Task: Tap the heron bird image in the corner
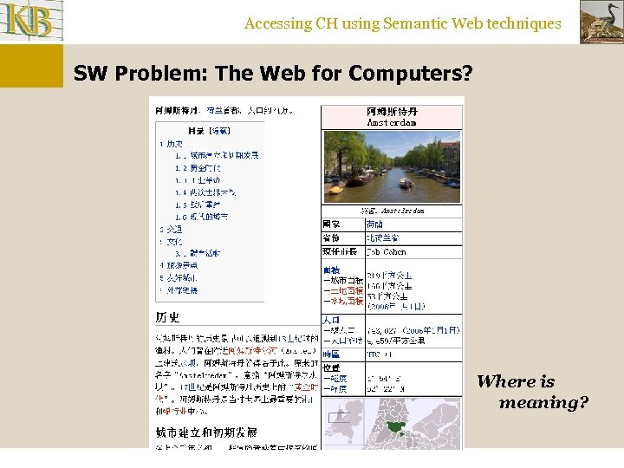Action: [x=601, y=22]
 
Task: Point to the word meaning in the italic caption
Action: [x=543, y=403]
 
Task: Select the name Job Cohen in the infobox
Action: [x=386, y=251]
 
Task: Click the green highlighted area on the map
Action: [x=398, y=426]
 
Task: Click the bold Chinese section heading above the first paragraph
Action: [x=168, y=317]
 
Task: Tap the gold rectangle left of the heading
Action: [x=31, y=66]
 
